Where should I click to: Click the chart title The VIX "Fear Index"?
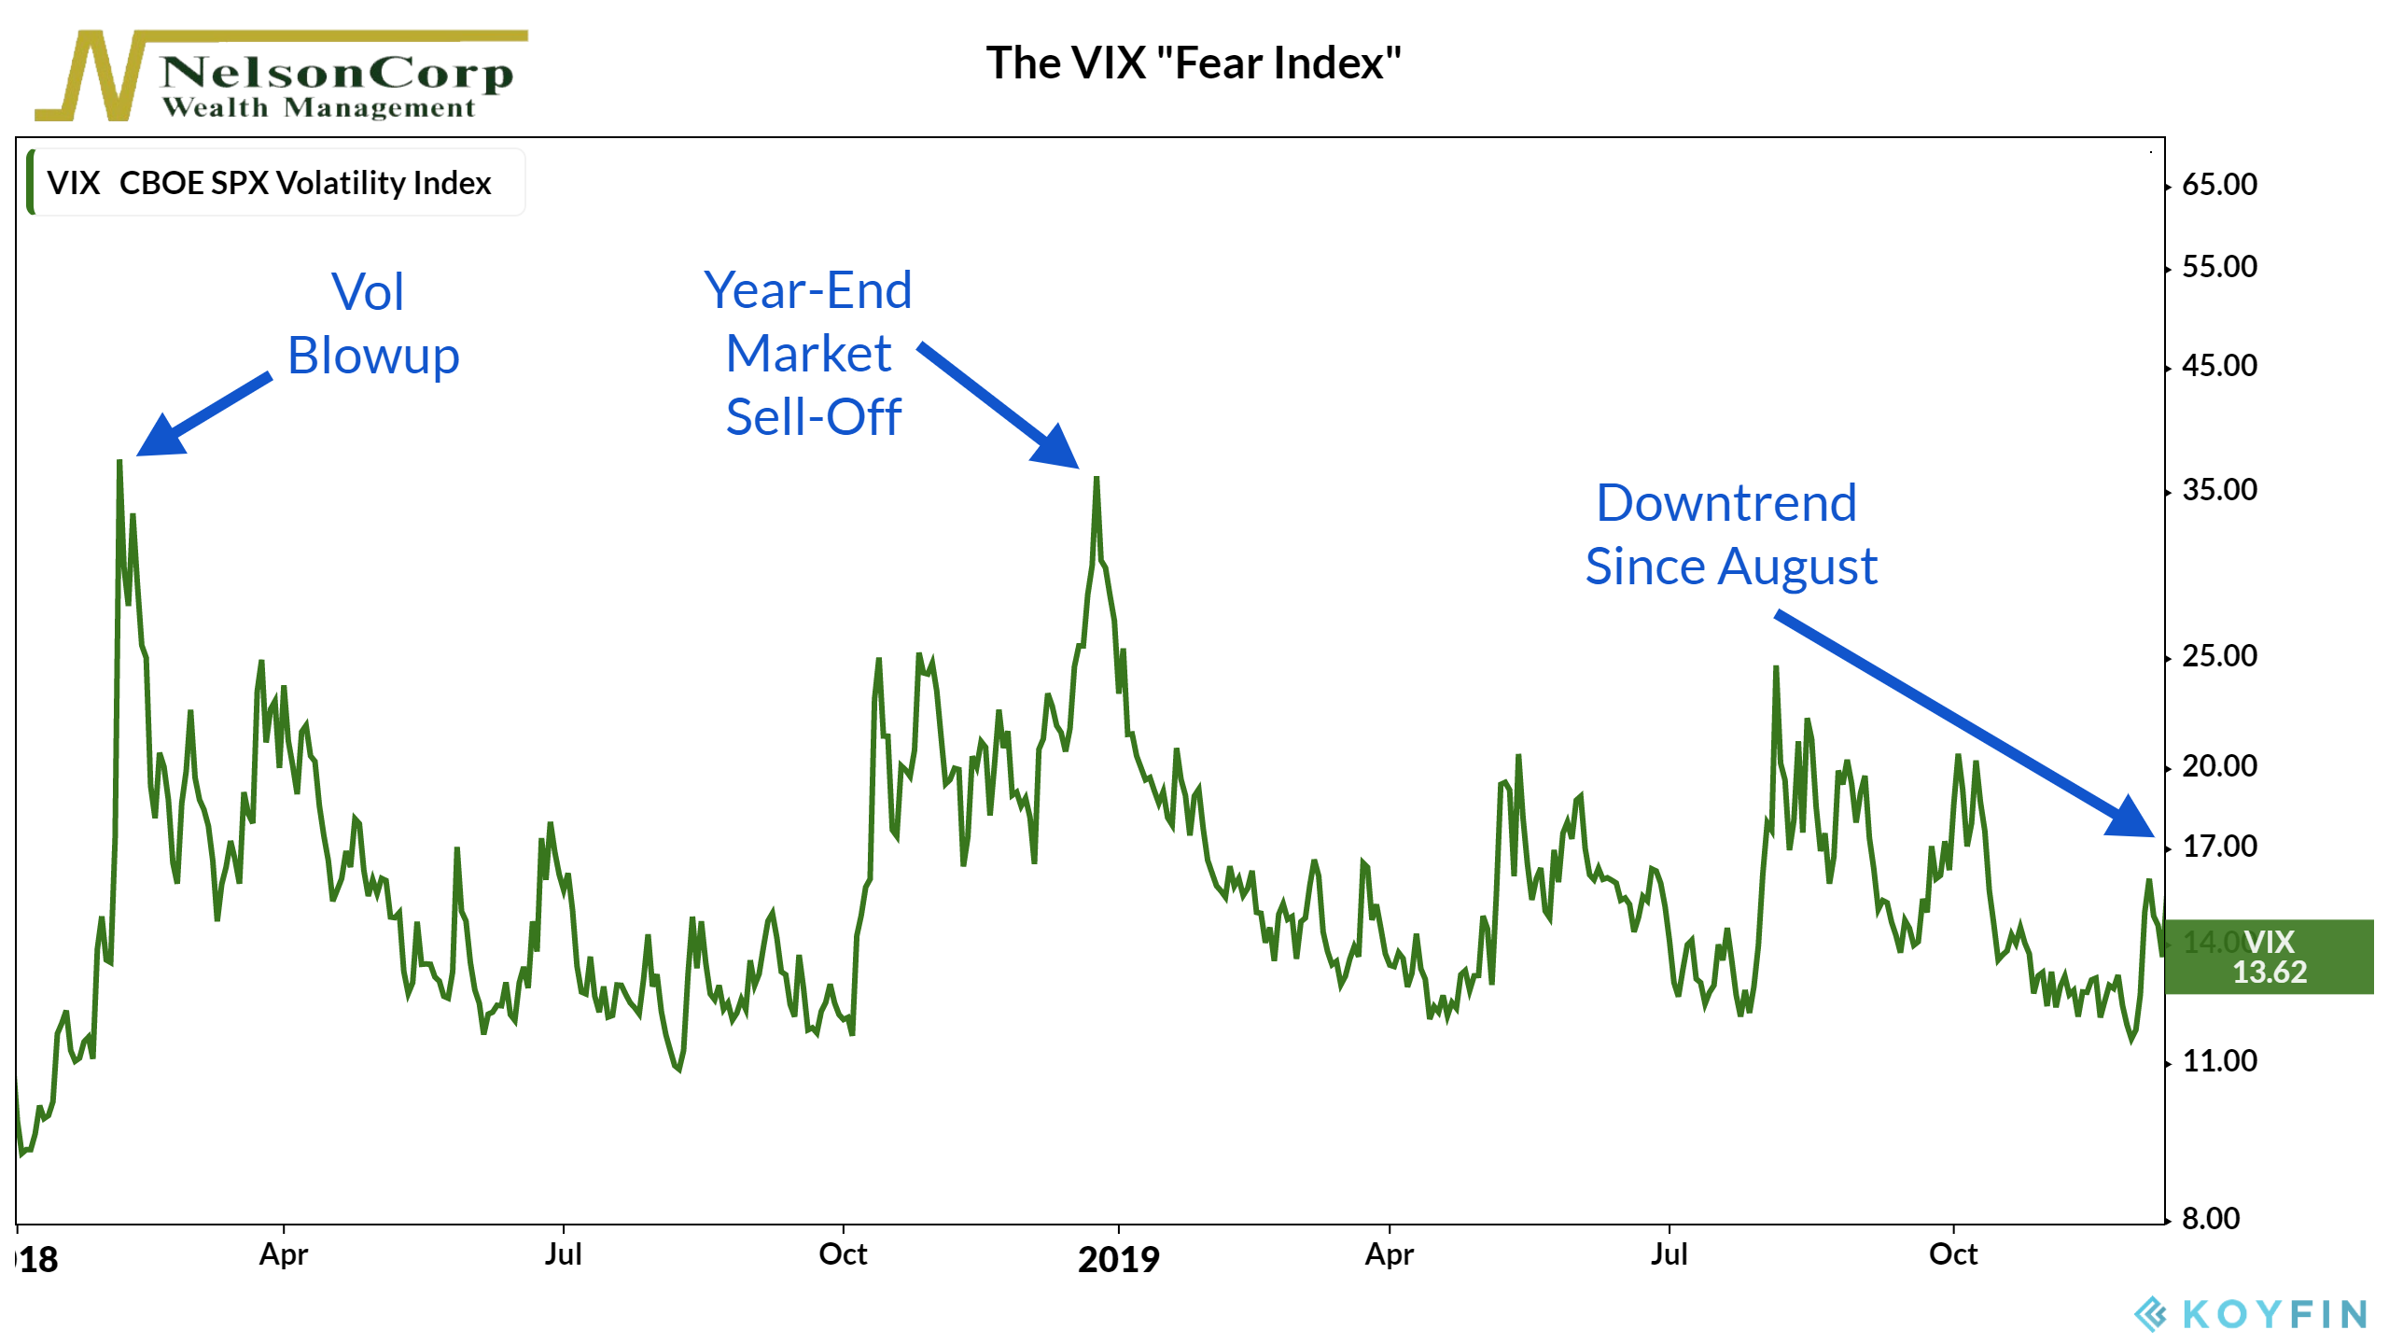pyautogui.click(x=1194, y=63)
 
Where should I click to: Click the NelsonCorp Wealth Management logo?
pyautogui.click(x=280, y=77)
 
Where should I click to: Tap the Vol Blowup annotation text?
pyautogui.click(x=372, y=324)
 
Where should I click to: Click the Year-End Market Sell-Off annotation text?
pyautogui.click(x=809, y=353)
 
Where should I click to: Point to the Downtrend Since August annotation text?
pyautogui.click(x=1730, y=534)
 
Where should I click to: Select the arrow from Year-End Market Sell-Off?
pyautogui.click(x=999, y=406)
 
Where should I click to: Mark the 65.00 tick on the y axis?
pyautogui.click(x=2219, y=185)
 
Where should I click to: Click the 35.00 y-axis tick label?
pyautogui.click(x=2219, y=490)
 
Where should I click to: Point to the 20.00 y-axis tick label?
pyautogui.click(x=2219, y=766)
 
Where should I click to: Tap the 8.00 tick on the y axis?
pyautogui.click(x=2210, y=1218)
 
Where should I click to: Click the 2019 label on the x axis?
pyautogui.click(x=1118, y=1259)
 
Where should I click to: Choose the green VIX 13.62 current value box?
pyautogui.click(x=2269, y=957)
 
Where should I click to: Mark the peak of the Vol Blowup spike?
pyautogui.click(x=119, y=462)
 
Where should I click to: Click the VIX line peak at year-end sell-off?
pyautogui.click(x=1097, y=479)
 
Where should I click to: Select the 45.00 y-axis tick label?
pyautogui.click(x=2219, y=366)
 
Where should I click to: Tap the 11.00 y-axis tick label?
pyautogui.click(x=2219, y=1061)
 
